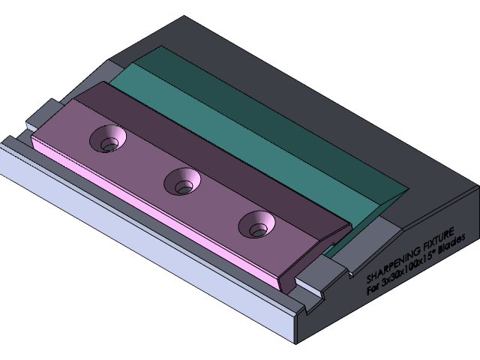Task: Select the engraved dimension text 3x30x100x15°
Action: pos(406,268)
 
